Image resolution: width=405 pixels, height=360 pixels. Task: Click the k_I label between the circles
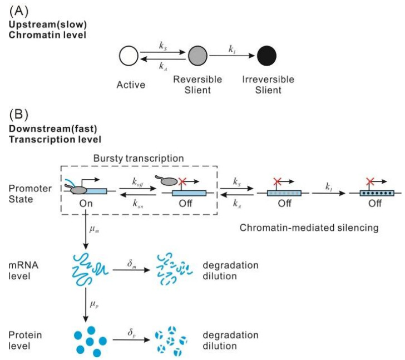(x=231, y=49)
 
